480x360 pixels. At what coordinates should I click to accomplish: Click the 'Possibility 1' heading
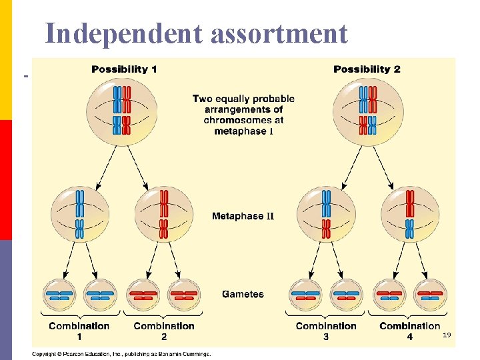click(x=124, y=69)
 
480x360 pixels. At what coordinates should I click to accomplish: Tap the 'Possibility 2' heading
click(x=367, y=69)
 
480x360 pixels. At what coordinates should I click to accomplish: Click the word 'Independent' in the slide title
click(x=124, y=33)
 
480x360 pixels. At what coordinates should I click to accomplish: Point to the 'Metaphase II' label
click(x=243, y=217)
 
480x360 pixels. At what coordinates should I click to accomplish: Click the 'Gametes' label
click(x=243, y=294)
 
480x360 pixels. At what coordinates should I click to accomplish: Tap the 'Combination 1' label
click(x=79, y=330)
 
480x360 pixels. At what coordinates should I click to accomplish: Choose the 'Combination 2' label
click(x=164, y=330)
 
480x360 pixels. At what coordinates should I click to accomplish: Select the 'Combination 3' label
click(x=326, y=330)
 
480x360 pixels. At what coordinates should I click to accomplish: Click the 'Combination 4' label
click(x=410, y=330)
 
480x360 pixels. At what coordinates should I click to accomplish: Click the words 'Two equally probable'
click(x=243, y=99)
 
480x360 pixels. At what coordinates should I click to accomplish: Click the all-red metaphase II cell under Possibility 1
click(x=164, y=214)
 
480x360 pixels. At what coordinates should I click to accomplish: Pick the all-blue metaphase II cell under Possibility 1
click(x=79, y=214)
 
